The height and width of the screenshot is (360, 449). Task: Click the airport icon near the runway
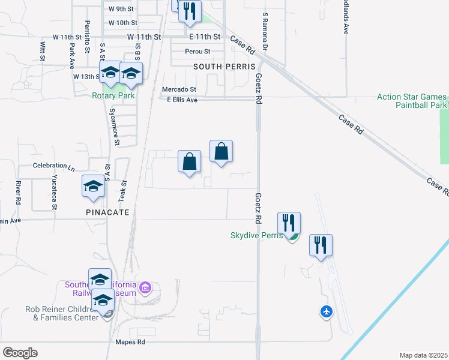pos(326,311)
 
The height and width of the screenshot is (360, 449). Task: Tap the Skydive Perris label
pos(256,235)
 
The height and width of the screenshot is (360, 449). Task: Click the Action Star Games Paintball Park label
pos(412,101)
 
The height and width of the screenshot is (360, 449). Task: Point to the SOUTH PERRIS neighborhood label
pos(225,67)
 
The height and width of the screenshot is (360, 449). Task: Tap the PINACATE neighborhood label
pos(104,212)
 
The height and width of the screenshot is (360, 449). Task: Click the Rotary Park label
pos(113,95)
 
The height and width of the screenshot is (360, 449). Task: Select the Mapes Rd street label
pos(130,343)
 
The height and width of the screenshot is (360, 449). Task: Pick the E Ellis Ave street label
pos(182,100)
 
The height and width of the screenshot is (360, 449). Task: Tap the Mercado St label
pos(179,89)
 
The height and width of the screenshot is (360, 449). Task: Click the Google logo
pos(20,353)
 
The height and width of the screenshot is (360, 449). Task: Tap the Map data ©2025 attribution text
pos(424,355)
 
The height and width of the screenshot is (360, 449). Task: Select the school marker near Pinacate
pos(94,187)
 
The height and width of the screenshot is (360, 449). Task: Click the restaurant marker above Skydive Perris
pos(289,223)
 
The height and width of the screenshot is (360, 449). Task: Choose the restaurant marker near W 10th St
pos(190,12)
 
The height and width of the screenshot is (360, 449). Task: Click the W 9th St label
pos(119,9)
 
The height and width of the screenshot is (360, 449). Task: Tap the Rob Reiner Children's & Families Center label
pos(61,313)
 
